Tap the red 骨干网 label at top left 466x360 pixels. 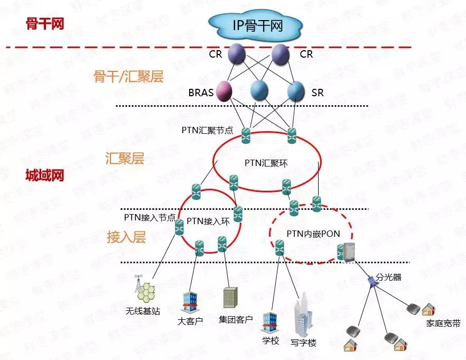click(x=44, y=23)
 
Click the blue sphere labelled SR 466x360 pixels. click(x=296, y=91)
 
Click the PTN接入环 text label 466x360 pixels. click(x=209, y=221)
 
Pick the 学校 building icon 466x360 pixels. click(x=270, y=321)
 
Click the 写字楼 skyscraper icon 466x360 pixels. click(x=303, y=317)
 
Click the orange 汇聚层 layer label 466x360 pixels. click(x=125, y=159)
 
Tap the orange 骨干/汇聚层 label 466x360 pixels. click(x=128, y=77)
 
